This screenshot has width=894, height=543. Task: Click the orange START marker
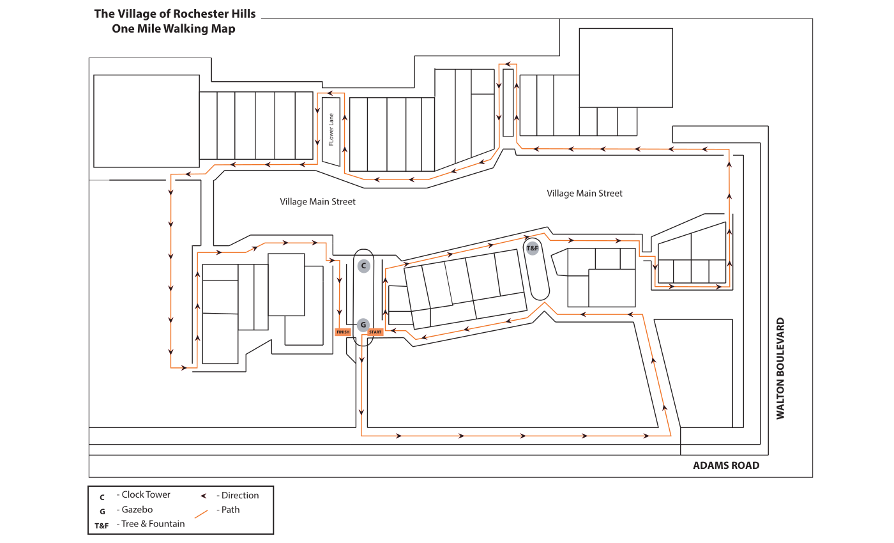[375, 332]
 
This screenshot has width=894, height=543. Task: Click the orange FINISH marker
[343, 332]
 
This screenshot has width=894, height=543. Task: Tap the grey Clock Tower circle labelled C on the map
[363, 266]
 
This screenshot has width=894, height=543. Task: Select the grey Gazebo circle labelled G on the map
[363, 325]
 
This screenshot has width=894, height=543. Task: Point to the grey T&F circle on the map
[533, 249]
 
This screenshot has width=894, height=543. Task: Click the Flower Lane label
[331, 129]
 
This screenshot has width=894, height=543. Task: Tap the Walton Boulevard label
[780, 369]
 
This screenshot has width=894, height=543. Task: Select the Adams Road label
[726, 466]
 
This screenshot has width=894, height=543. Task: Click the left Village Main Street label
[317, 202]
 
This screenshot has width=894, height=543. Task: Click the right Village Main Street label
[584, 193]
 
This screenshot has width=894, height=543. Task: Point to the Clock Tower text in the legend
[146, 494]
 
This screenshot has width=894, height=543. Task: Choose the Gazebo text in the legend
[137, 510]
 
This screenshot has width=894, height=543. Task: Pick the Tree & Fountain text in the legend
[153, 524]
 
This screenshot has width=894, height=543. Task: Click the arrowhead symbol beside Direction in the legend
[204, 496]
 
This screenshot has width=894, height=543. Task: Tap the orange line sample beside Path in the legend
[201, 514]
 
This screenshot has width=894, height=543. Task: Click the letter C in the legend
[102, 498]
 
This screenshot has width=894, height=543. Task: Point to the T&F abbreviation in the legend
[102, 526]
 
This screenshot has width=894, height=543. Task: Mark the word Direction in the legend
[240, 496]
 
